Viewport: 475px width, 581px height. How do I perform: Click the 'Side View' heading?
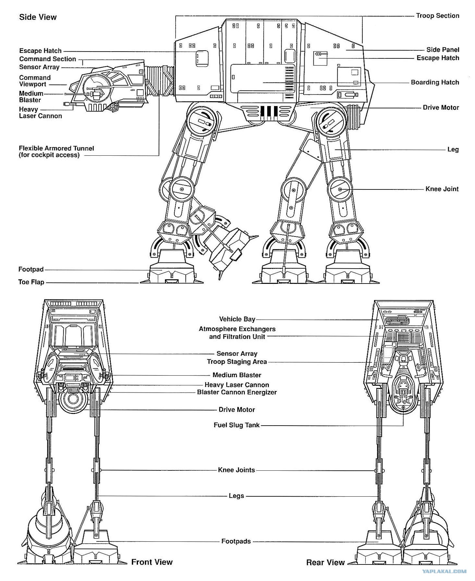pyautogui.click(x=38, y=17)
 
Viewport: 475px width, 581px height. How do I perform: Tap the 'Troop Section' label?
pyautogui.click(x=437, y=16)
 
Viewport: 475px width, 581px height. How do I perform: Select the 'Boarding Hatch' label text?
pyautogui.click(x=435, y=82)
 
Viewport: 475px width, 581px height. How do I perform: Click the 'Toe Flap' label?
pyautogui.click(x=31, y=282)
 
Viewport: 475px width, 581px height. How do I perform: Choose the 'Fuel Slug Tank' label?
pyautogui.click(x=236, y=425)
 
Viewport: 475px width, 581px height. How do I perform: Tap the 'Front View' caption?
pyautogui.click(x=152, y=562)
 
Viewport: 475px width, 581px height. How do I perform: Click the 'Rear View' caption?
pyautogui.click(x=325, y=562)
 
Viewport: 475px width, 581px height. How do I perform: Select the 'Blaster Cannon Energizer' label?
pyautogui.click(x=237, y=392)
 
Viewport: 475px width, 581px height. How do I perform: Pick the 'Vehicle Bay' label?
pyautogui.click(x=237, y=319)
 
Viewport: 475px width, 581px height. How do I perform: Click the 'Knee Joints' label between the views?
pyautogui.click(x=236, y=470)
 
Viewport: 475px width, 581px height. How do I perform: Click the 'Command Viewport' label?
pyautogui.click(x=35, y=81)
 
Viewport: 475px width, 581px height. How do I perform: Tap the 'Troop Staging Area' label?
pyautogui.click(x=237, y=361)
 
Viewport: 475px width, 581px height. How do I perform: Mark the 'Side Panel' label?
pyautogui.click(x=443, y=50)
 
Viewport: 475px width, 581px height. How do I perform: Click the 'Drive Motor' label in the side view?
pyautogui.click(x=441, y=107)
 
